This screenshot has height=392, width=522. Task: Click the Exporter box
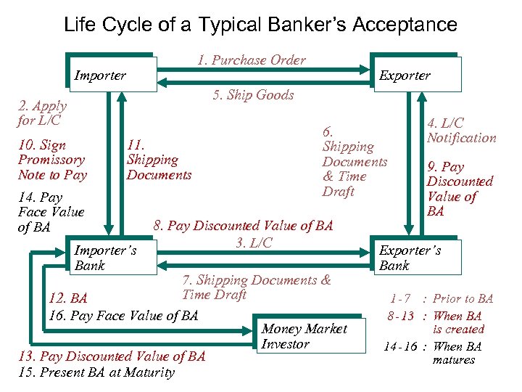(x=415, y=74)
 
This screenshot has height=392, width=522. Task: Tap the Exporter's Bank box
(x=415, y=258)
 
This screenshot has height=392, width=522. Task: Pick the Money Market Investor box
(x=310, y=336)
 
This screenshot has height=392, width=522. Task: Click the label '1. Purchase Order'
(x=251, y=60)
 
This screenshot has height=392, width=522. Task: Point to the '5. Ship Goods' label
(x=253, y=95)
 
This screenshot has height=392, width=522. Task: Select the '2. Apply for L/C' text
(x=42, y=113)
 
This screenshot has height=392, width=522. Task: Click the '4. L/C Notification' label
(x=461, y=131)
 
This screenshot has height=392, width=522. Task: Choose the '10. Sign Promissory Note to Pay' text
(x=52, y=160)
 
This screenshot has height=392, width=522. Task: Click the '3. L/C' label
(x=254, y=242)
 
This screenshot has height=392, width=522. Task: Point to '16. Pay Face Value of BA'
(x=123, y=315)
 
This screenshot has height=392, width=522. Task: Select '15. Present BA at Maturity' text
(x=107, y=372)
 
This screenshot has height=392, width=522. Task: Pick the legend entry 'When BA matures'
(x=457, y=353)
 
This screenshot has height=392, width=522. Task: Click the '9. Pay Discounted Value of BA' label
(x=460, y=189)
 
